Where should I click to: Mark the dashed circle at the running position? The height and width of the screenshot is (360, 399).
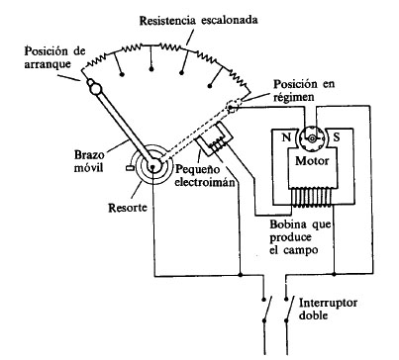click(x=234, y=106)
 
